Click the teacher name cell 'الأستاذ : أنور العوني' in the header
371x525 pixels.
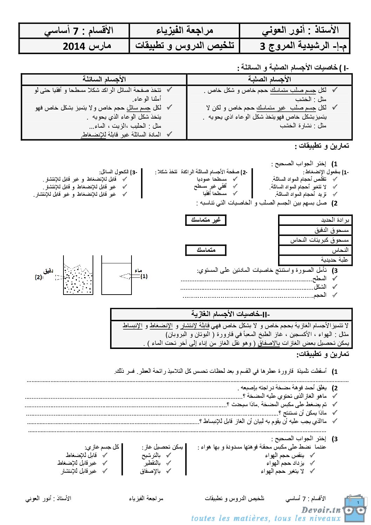tap(300, 31)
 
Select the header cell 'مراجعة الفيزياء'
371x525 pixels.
tap(184, 31)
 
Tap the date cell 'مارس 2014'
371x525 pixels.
tap(87, 46)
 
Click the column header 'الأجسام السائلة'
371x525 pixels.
tap(104, 79)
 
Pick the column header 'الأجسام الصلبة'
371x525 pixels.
tap(269, 79)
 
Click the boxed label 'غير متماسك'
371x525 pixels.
tap(205, 220)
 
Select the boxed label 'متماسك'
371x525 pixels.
tap(206, 250)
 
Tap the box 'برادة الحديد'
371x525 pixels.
tap(315, 220)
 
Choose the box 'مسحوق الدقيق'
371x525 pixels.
tap(315, 230)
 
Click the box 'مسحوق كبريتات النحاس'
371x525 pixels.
tap(315, 240)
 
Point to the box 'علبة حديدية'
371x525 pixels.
tap(315, 260)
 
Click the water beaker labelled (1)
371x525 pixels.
tap(116, 277)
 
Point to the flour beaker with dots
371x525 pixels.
tap(78, 279)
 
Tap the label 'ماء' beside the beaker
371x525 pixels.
tap(138, 270)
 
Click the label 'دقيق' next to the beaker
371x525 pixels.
tap(48, 271)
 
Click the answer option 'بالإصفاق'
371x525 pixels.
tap(150, 471)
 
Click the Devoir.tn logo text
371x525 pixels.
tap(321, 510)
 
